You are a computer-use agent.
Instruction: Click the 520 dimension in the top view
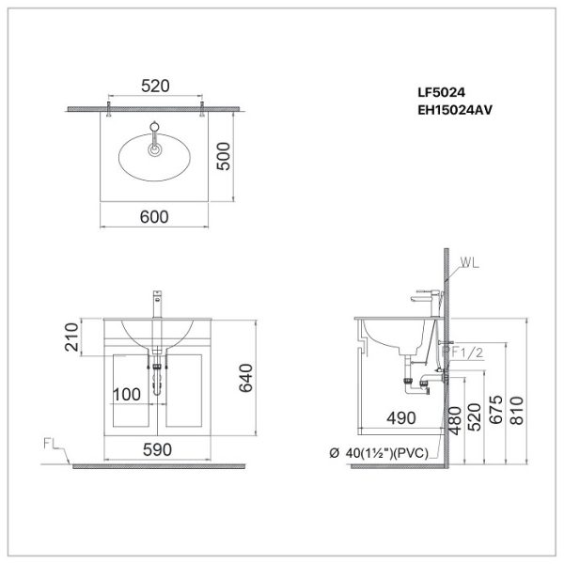pos(155,86)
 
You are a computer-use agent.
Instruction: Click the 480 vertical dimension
pos(455,418)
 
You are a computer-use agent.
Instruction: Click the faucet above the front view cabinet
pos(155,305)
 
